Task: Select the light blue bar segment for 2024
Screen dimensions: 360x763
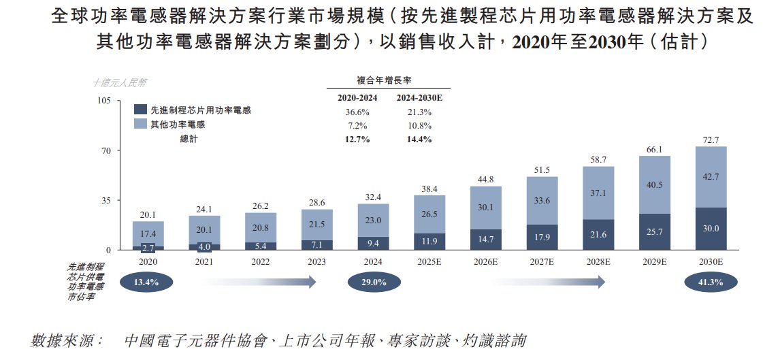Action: tap(373, 220)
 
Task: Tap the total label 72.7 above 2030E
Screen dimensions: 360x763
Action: tap(709, 140)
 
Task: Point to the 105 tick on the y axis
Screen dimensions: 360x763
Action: tap(103, 101)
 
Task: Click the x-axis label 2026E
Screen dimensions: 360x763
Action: tap(486, 261)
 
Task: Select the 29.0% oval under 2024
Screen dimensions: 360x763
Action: tap(373, 282)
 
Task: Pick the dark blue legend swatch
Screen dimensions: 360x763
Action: tap(141, 110)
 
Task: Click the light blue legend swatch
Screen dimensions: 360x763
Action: tap(141, 124)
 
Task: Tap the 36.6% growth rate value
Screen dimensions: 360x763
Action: tap(353, 112)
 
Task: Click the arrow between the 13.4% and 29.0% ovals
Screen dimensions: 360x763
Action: tap(259, 282)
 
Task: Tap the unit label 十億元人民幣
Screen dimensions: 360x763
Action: tap(119, 83)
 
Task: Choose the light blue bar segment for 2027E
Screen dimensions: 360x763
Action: tap(542, 200)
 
